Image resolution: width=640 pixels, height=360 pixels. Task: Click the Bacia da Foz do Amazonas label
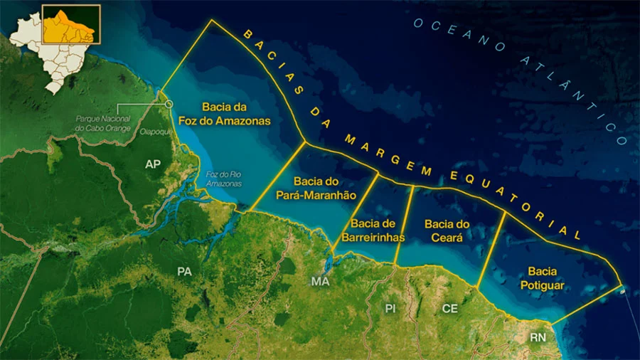235,114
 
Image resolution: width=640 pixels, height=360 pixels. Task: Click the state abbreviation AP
153,164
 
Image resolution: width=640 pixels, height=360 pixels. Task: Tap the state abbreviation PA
185,272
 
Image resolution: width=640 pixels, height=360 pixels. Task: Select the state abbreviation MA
320,282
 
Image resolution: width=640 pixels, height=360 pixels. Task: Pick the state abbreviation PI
390,308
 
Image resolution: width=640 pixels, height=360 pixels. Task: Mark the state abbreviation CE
449,308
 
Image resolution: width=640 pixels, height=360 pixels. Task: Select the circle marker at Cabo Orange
169,104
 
